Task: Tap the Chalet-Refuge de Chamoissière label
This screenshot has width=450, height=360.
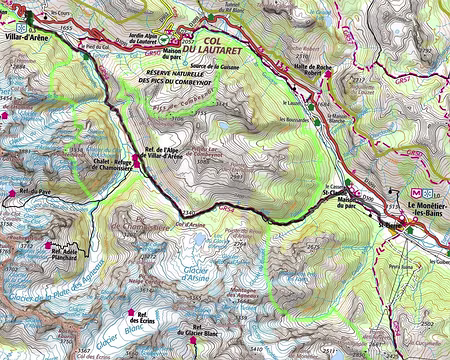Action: tap(109, 162)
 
